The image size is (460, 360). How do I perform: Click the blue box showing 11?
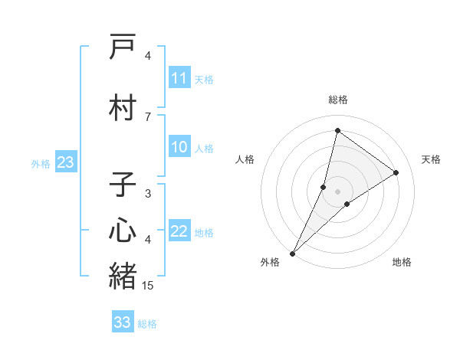click(x=179, y=78)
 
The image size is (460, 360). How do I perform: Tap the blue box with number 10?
click(x=179, y=148)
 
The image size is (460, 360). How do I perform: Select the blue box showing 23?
click(x=65, y=162)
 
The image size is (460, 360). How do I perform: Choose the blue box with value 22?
click(x=179, y=232)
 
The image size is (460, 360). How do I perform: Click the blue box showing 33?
click(x=123, y=322)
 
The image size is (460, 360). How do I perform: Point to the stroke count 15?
click(x=148, y=286)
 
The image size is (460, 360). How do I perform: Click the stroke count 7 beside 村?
click(x=148, y=116)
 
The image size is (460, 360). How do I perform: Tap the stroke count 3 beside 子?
click(x=148, y=194)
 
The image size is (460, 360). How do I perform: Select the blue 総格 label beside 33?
click(x=148, y=324)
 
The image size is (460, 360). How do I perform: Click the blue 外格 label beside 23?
click(x=41, y=163)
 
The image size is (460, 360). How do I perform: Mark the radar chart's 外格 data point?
click(x=292, y=253)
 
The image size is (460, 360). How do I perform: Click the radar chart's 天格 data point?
click(x=396, y=172)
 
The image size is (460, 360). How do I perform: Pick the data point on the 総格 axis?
click(x=337, y=131)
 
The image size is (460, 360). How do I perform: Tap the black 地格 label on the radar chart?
click(x=402, y=262)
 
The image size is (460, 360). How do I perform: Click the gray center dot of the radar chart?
click(x=337, y=191)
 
